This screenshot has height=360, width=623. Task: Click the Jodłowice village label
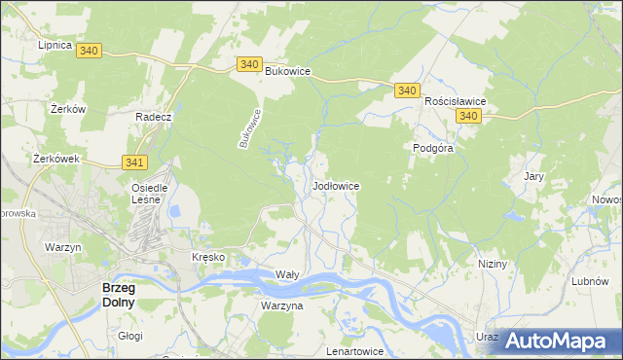pyautogui.click(x=337, y=185)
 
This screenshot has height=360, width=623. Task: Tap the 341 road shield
pyautogui.click(x=135, y=162)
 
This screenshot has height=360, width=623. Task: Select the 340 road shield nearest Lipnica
pyautogui.click(x=89, y=50)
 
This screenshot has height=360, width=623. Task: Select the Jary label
pyautogui.click(x=533, y=176)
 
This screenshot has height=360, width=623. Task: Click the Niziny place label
pyautogui.click(x=494, y=264)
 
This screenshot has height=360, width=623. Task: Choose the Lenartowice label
pyautogui.click(x=356, y=350)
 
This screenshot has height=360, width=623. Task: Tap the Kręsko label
pyautogui.click(x=208, y=257)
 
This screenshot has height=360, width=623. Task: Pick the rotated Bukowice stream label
pyautogui.click(x=251, y=127)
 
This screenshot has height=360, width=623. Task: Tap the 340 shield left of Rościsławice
pyautogui.click(x=407, y=90)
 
